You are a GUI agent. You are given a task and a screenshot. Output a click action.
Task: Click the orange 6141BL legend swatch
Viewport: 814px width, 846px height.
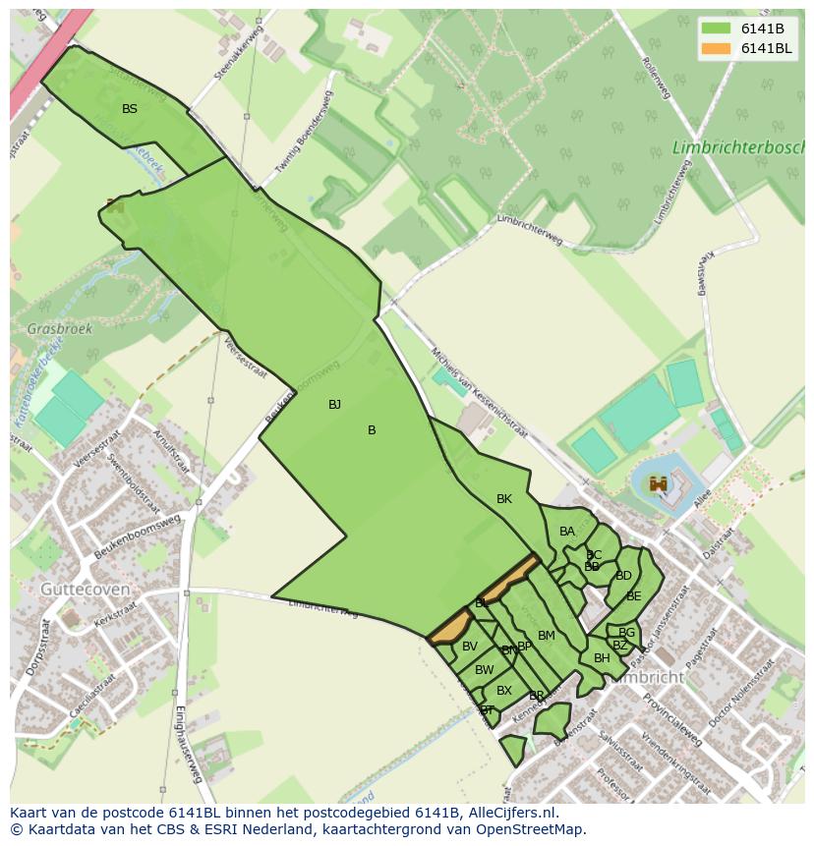tap(716, 49)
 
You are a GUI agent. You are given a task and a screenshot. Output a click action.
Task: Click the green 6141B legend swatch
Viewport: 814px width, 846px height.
tap(716, 28)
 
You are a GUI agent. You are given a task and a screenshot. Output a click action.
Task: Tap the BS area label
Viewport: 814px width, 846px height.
tap(130, 109)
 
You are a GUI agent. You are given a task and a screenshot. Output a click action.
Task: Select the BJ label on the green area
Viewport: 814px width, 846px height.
tap(334, 405)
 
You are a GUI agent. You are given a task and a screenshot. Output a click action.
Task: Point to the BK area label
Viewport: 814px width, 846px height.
tap(504, 499)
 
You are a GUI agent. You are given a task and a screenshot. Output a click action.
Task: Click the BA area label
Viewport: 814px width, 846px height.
tap(567, 532)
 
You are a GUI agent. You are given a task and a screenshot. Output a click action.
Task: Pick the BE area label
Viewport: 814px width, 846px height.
tap(634, 596)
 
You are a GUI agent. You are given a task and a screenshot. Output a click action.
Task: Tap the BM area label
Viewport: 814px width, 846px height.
tap(547, 636)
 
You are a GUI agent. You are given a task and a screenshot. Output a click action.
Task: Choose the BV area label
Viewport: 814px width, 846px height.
tap(470, 647)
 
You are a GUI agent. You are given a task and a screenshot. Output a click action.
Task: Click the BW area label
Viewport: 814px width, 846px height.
tap(485, 670)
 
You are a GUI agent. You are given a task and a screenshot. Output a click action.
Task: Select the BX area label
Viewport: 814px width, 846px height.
tap(504, 691)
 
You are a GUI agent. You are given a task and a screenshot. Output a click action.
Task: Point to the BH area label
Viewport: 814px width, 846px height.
tap(602, 658)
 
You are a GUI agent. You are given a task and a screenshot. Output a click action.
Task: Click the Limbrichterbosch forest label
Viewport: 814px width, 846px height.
tap(737, 147)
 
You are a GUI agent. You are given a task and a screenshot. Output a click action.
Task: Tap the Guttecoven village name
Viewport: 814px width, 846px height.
tap(85, 589)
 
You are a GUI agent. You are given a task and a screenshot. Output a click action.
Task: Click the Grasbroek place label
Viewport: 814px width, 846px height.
tap(60, 329)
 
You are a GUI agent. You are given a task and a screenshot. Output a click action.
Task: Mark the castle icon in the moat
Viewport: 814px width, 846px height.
tap(658, 483)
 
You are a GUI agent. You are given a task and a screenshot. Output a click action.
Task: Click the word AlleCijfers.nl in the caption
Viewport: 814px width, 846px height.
tap(510, 813)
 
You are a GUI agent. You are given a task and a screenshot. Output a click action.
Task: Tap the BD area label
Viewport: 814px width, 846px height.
tap(623, 576)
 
